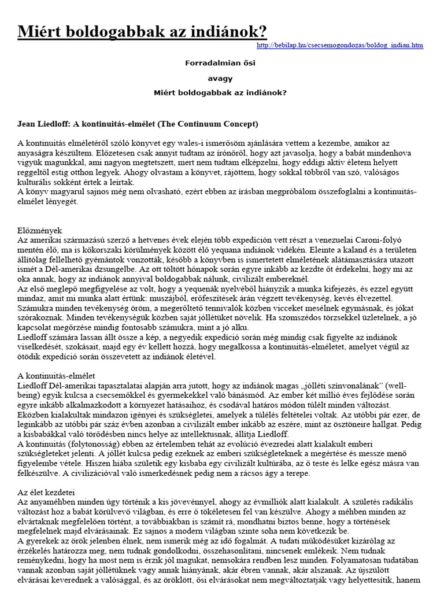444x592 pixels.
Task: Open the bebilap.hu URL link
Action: (x=339, y=45)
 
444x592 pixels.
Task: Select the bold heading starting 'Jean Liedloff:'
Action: (x=138, y=124)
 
